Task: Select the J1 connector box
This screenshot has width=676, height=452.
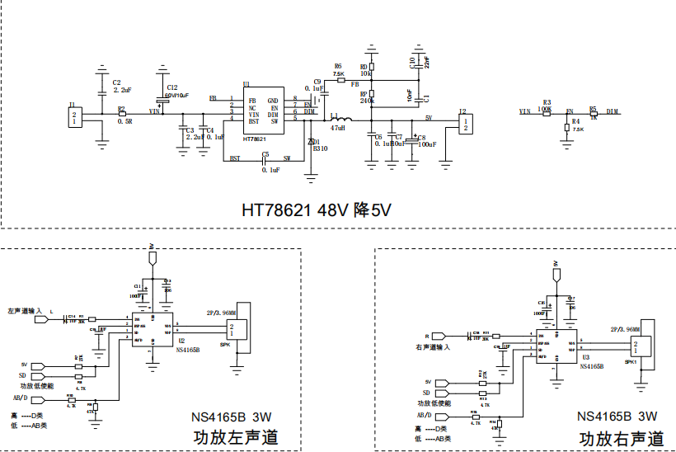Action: coord(75,118)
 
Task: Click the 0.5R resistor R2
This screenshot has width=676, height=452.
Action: coord(123,113)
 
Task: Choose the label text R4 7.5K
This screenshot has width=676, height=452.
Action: coord(576,125)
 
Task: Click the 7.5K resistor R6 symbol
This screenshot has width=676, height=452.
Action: coord(339,80)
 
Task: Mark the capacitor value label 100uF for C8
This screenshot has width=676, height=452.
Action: coord(426,144)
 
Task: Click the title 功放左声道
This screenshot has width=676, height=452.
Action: coord(235,437)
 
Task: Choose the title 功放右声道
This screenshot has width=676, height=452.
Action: coord(622,438)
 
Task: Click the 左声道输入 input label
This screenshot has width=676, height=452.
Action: coord(25,311)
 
